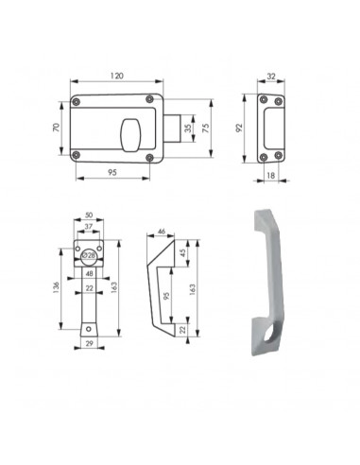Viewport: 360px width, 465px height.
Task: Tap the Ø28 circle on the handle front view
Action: [x=89, y=253]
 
